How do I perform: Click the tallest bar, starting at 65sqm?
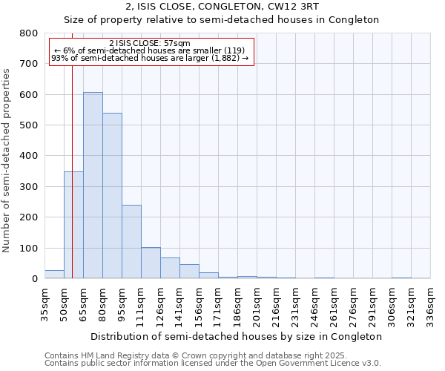[93, 185]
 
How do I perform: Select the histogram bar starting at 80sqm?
[112, 196]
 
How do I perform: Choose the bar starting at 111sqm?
[151, 263]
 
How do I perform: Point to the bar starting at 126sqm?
[170, 268]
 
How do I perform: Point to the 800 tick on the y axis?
[29, 33]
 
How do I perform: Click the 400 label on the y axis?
[29, 156]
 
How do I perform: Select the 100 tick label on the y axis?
[29, 248]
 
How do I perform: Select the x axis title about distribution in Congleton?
[237, 336]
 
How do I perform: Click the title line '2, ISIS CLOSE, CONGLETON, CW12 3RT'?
[222, 7]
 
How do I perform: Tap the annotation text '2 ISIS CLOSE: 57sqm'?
[150, 43]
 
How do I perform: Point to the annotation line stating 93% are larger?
[150, 58]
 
